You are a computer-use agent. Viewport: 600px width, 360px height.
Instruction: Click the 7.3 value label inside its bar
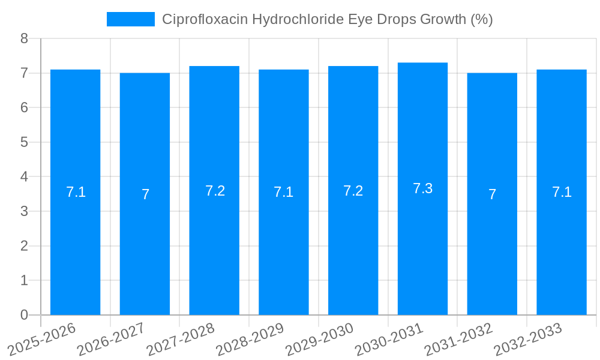click(x=422, y=188)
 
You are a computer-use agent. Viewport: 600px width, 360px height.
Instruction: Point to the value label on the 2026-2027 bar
click(x=145, y=194)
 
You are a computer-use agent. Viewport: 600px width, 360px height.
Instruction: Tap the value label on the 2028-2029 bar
click(x=283, y=192)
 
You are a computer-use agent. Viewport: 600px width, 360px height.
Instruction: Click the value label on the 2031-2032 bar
click(x=492, y=194)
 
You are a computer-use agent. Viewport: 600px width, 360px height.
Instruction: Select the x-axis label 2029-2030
click(x=319, y=340)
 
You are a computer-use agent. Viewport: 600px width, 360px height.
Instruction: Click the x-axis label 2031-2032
click(x=458, y=340)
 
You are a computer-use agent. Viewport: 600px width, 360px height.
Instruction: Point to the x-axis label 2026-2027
click(x=111, y=340)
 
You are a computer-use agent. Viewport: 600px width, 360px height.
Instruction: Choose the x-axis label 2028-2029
click(x=250, y=340)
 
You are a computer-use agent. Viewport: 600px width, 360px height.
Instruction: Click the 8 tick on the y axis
click(x=24, y=38)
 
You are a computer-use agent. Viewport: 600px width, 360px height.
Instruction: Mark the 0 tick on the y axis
click(x=24, y=315)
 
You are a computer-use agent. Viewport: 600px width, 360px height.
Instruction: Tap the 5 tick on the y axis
click(x=24, y=142)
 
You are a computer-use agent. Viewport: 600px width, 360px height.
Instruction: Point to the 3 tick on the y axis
click(x=24, y=211)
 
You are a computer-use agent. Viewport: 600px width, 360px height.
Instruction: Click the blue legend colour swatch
click(x=130, y=19)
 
